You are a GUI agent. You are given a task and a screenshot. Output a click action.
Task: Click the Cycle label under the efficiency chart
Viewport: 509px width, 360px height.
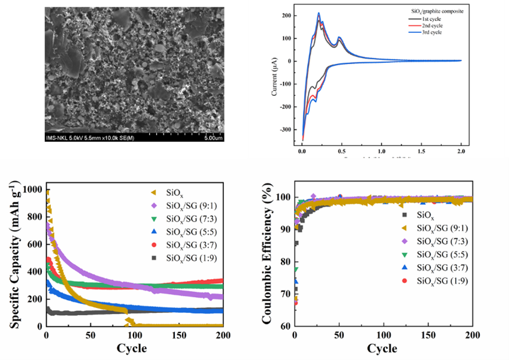(x=381, y=349)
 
